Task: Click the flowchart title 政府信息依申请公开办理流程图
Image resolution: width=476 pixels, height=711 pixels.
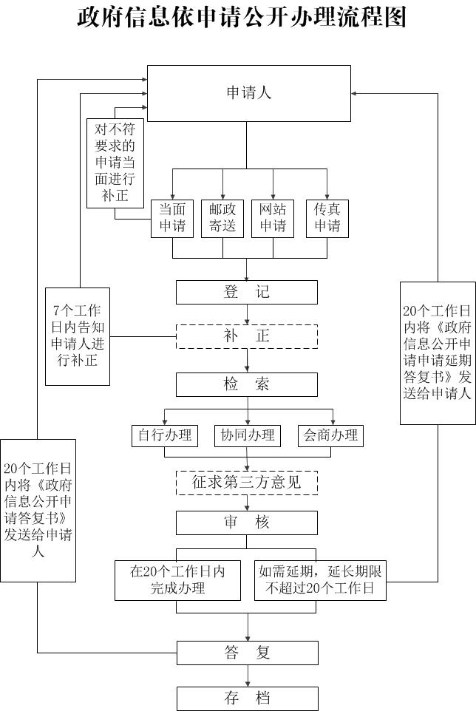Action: coord(241,16)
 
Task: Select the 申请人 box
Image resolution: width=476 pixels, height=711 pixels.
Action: coord(248,93)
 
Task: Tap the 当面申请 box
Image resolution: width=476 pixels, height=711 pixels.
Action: coord(172,218)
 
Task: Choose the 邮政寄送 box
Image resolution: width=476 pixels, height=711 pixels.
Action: coord(222,218)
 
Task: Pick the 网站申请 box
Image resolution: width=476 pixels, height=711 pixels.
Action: coord(273,218)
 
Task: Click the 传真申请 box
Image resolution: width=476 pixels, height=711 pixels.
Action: coord(327,218)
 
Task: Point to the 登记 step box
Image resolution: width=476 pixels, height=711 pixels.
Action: coord(247,292)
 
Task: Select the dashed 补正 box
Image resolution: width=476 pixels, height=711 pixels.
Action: coord(247,336)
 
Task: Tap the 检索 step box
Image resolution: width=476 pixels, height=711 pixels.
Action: coord(247,384)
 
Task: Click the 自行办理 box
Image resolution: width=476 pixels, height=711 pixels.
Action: coord(164,435)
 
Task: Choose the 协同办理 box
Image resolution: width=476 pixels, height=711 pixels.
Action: coord(248,435)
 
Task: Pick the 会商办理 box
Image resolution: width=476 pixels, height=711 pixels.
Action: coord(330,435)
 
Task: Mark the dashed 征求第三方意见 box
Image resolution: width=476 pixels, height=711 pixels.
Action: coord(247,483)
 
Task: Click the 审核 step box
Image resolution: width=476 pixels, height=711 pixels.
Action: coord(247,523)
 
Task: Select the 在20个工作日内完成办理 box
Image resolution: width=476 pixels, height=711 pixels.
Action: coord(177,580)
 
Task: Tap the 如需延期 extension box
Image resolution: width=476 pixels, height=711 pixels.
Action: coord(320,580)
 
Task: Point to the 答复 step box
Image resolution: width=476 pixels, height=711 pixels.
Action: coord(247,653)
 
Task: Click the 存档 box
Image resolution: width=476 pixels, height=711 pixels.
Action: coord(247,698)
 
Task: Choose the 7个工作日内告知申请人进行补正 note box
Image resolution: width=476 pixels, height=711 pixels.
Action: coord(77,336)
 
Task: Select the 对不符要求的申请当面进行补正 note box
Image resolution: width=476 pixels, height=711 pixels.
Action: coord(115,163)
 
